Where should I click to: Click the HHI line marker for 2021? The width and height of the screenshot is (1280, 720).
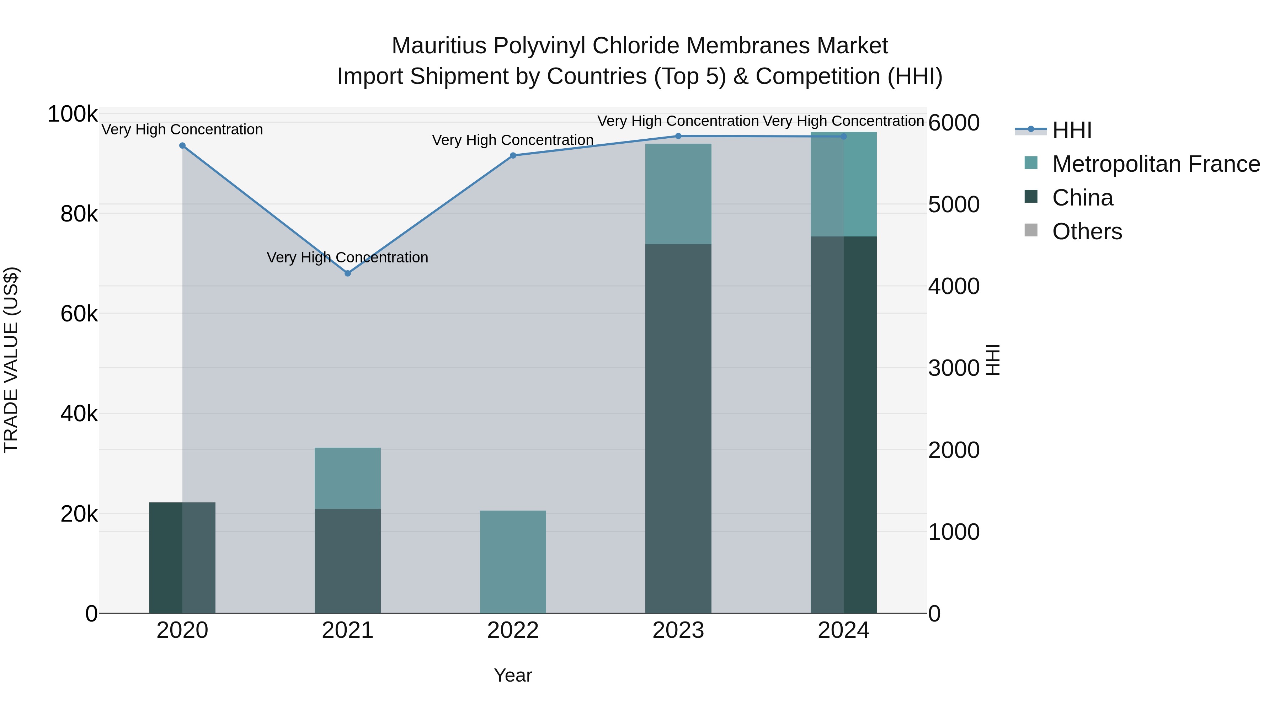point(347,273)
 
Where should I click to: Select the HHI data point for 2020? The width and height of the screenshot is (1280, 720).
point(182,145)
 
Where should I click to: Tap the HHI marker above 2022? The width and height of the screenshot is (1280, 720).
point(513,155)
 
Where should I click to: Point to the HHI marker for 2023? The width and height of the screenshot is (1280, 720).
point(678,136)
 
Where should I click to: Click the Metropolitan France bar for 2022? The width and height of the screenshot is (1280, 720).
point(513,561)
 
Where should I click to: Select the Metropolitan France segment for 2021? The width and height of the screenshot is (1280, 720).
point(347,478)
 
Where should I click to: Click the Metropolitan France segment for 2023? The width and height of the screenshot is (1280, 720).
point(678,194)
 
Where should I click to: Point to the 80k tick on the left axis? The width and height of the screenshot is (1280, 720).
point(79,215)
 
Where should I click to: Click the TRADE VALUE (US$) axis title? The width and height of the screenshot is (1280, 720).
point(11,360)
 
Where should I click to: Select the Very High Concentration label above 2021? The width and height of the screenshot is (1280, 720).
point(347,257)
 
